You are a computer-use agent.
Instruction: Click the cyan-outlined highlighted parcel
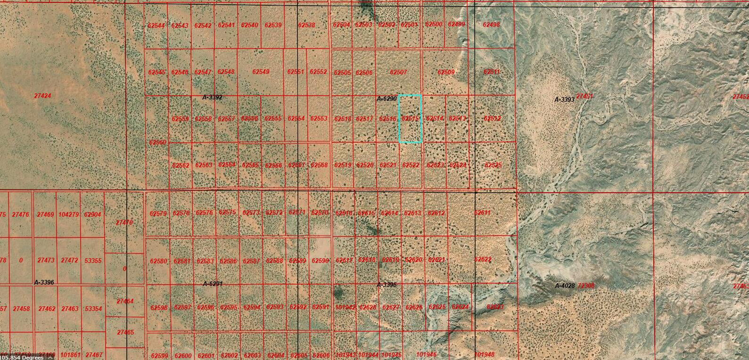(x=410, y=119)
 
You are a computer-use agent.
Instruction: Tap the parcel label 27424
(x=42, y=96)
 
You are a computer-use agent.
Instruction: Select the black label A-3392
(x=212, y=98)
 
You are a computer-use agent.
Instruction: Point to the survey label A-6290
(x=387, y=98)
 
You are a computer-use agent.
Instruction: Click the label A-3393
(x=564, y=99)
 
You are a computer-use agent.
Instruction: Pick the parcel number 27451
(x=584, y=97)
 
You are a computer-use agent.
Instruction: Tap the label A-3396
(x=44, y=282)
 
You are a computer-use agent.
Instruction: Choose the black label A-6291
(x=213, y=284)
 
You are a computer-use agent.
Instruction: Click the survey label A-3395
(x=387, y=285)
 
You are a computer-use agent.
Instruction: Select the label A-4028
(x=564, y=286)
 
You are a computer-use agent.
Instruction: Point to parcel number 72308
(x=586, y=286)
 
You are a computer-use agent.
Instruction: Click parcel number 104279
(x=69, y=215)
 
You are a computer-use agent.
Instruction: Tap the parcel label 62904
(x=92, y=215)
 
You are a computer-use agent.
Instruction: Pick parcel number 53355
(x=93, y=261)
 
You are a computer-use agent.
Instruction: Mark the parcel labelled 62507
(x=398, y=73)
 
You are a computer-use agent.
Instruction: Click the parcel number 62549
(x=261, y=72)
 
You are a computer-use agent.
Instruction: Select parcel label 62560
(x=157, y=142)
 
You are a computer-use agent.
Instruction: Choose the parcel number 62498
(x=492, y=25)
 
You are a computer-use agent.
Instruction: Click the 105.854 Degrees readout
(x=22, y=357)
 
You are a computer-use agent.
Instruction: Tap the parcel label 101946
(x=427, y=354)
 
